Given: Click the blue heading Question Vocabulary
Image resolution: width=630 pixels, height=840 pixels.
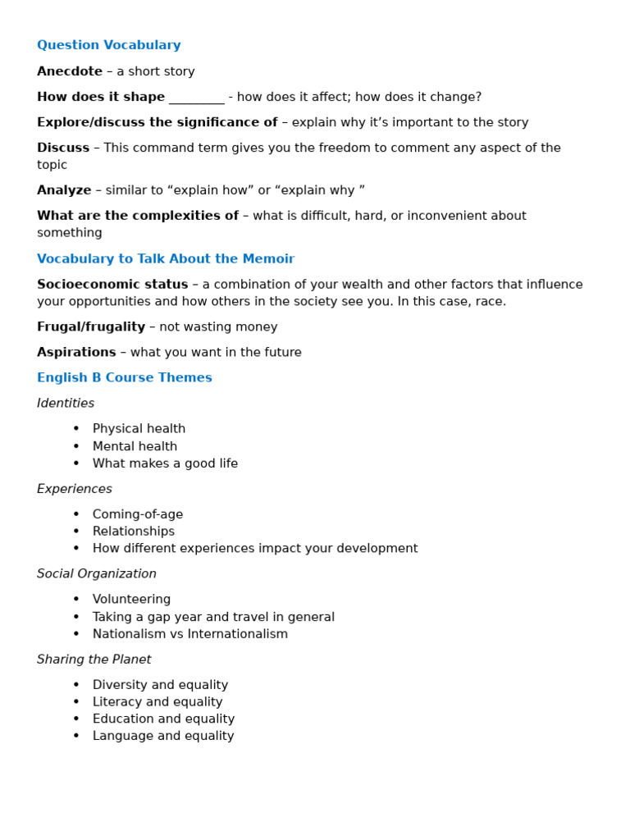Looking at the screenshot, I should click(108, 45).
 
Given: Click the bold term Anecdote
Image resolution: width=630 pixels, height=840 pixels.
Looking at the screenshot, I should click(70, 71).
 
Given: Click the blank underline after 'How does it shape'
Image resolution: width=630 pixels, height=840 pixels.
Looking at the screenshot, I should click(196, 98).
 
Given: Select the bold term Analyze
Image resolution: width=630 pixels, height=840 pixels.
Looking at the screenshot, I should click(64, 190).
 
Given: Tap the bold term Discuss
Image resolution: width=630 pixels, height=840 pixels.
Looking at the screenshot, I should click(63, 148).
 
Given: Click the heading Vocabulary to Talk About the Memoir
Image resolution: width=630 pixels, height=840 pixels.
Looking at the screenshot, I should click(165, 259).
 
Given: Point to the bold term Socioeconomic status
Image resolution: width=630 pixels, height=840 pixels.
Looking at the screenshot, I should click(112, 285).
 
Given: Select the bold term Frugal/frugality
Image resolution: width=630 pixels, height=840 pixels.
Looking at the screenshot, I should click(91, 327).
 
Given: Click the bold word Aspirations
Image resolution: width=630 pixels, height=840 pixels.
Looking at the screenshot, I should click(76, 353).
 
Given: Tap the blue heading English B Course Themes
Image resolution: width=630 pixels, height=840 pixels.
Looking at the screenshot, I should click(124, 378).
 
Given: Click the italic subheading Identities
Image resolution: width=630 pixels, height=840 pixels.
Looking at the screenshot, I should click(66, 404).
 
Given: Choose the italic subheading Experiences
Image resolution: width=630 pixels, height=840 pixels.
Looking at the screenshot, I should click(75, 489).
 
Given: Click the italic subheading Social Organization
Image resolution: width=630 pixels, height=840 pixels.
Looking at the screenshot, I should click(96, 574).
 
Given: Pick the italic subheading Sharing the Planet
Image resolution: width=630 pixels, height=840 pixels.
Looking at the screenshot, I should click(94, 660).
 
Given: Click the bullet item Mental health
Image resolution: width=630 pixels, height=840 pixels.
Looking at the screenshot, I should click(135, 446).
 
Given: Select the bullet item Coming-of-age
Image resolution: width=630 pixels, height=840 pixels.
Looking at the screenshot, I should click(138, 514).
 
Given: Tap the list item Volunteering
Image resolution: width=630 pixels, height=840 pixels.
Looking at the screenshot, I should click(131, 600).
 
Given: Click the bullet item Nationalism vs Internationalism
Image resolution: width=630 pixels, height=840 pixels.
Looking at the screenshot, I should click(190, 634).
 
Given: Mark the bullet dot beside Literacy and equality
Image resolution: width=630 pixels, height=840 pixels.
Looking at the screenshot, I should click(76, 702).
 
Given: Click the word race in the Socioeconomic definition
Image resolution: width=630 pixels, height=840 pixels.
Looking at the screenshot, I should click(488, 302).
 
